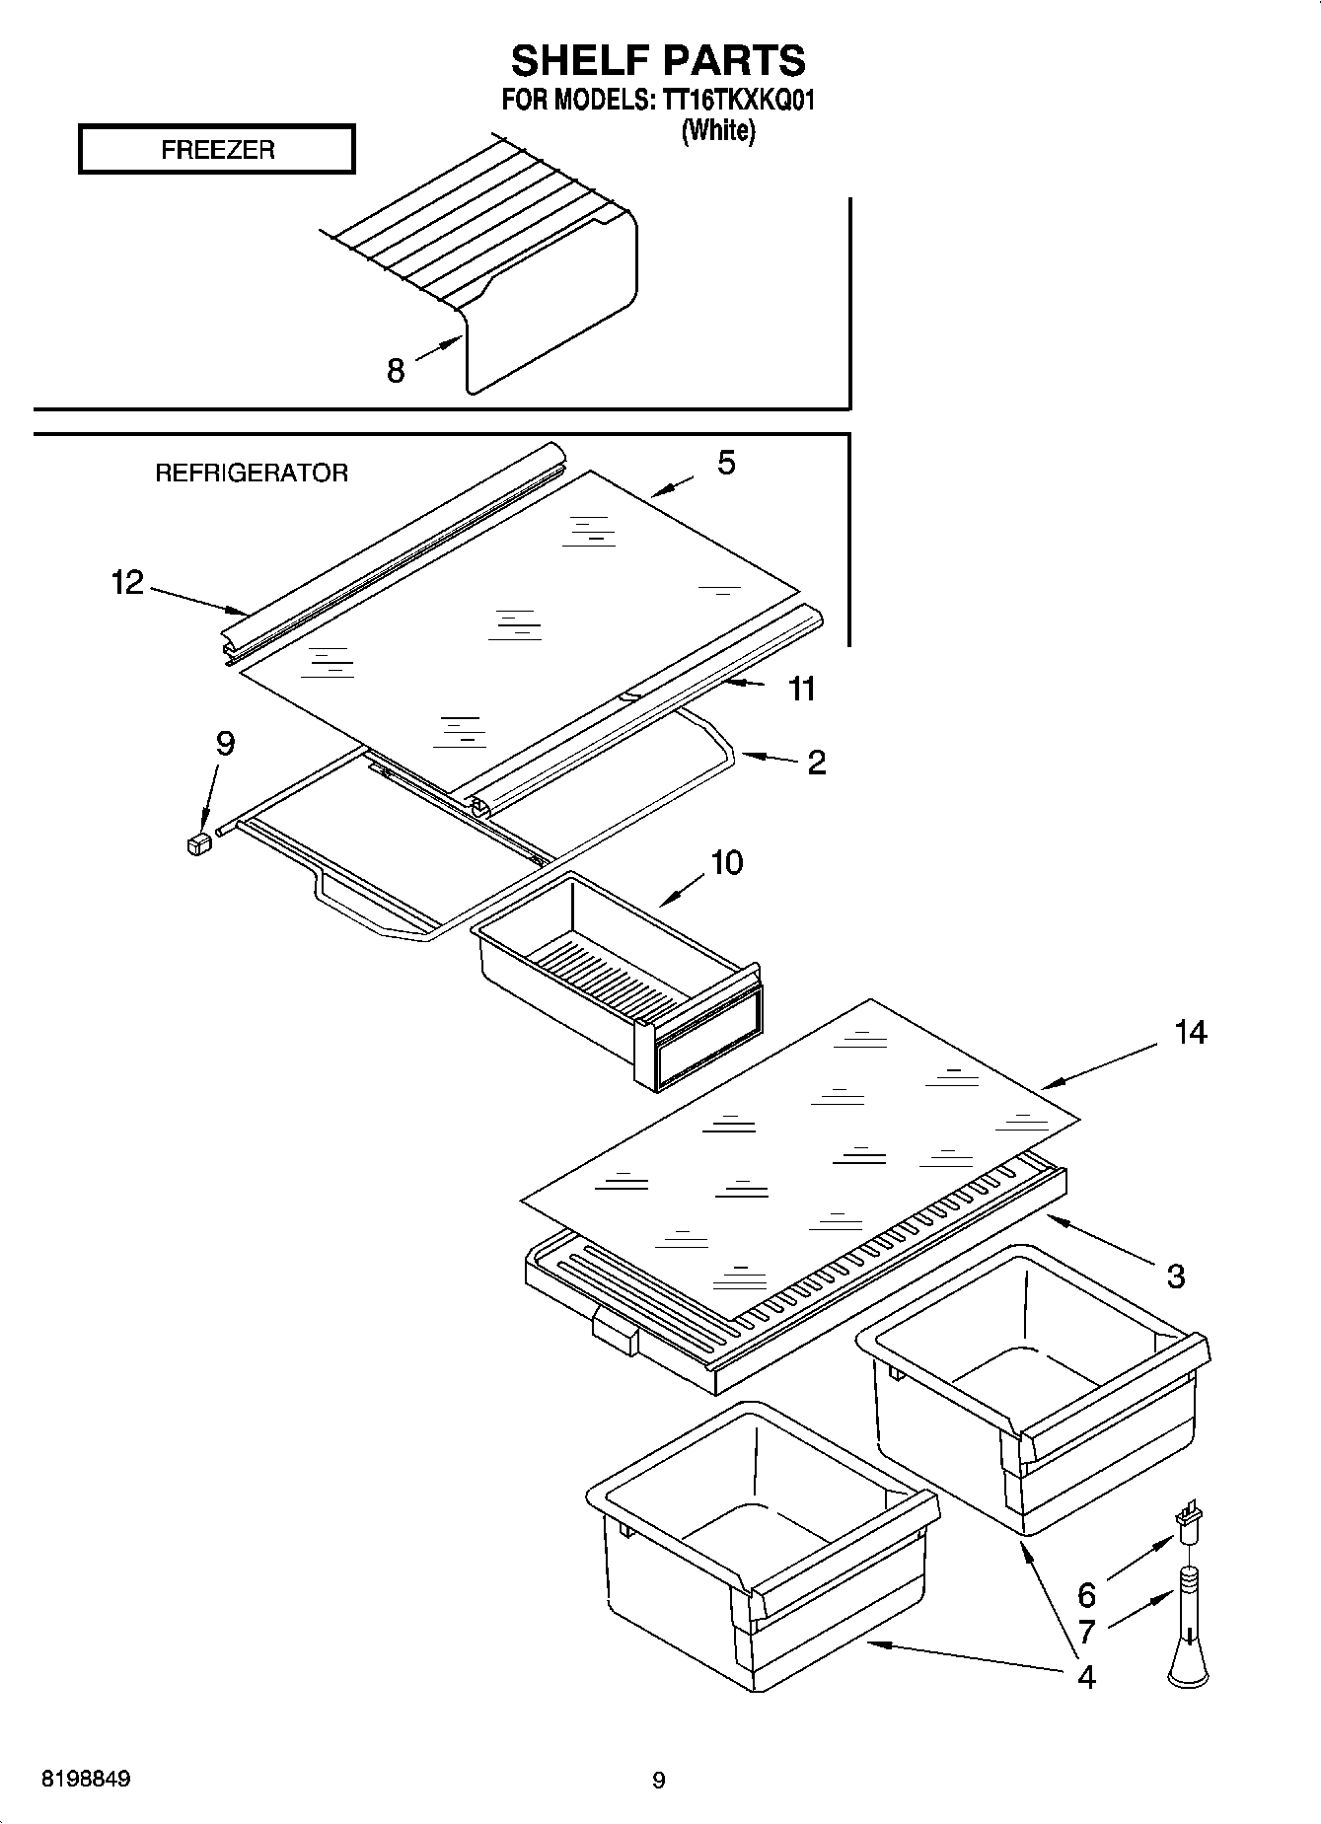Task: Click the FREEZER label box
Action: point(216,150)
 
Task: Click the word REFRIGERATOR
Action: point(252,474)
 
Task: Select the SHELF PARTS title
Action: point(658,61)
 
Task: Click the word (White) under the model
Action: point(718,130)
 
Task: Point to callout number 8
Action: point(396,372)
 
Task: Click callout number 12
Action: point(127,583)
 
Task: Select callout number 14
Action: point(1190,1033)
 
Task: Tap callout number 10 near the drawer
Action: point(727,863)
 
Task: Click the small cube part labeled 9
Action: point(199,844)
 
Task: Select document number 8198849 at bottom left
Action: point(86,1780)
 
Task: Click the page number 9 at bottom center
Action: point(659,1781)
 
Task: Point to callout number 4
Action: point(1086,1676)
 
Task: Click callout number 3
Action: point(1175,1277)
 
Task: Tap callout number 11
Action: point(802,689)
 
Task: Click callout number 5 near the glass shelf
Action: point(726,463)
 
